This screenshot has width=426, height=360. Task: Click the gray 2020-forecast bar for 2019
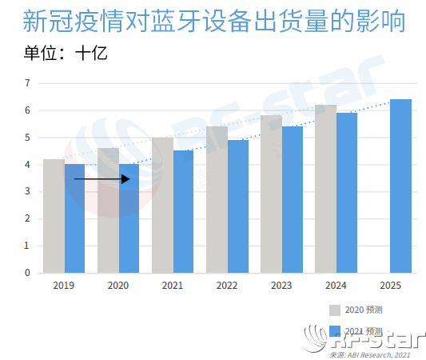click(54, 216)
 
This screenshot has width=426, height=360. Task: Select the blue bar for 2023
click(293, 199)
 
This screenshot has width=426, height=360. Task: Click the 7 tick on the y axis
click(27, 82)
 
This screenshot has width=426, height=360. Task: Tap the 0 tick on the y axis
click(27, 273)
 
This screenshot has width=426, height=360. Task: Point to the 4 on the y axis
click(27, 165)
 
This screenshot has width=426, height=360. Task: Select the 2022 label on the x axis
click(226, 286)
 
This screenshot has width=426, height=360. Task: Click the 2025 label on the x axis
click(389, 286)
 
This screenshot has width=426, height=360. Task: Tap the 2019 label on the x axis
click(63, 286)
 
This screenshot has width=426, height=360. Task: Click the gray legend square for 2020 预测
click(334, 310)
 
